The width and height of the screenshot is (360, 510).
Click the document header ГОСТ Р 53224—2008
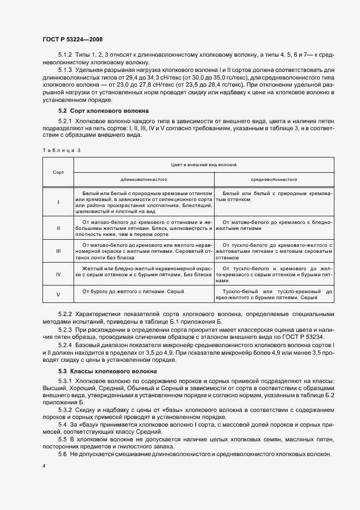[72, 39]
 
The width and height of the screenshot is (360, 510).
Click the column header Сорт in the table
[58, 172]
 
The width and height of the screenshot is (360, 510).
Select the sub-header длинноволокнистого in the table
[143, 179]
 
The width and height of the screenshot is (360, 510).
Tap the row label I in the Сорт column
[58, 202]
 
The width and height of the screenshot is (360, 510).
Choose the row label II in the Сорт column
[58, 228]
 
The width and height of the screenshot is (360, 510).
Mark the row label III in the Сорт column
[58, 251]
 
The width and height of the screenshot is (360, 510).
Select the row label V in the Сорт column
[58, 294]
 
